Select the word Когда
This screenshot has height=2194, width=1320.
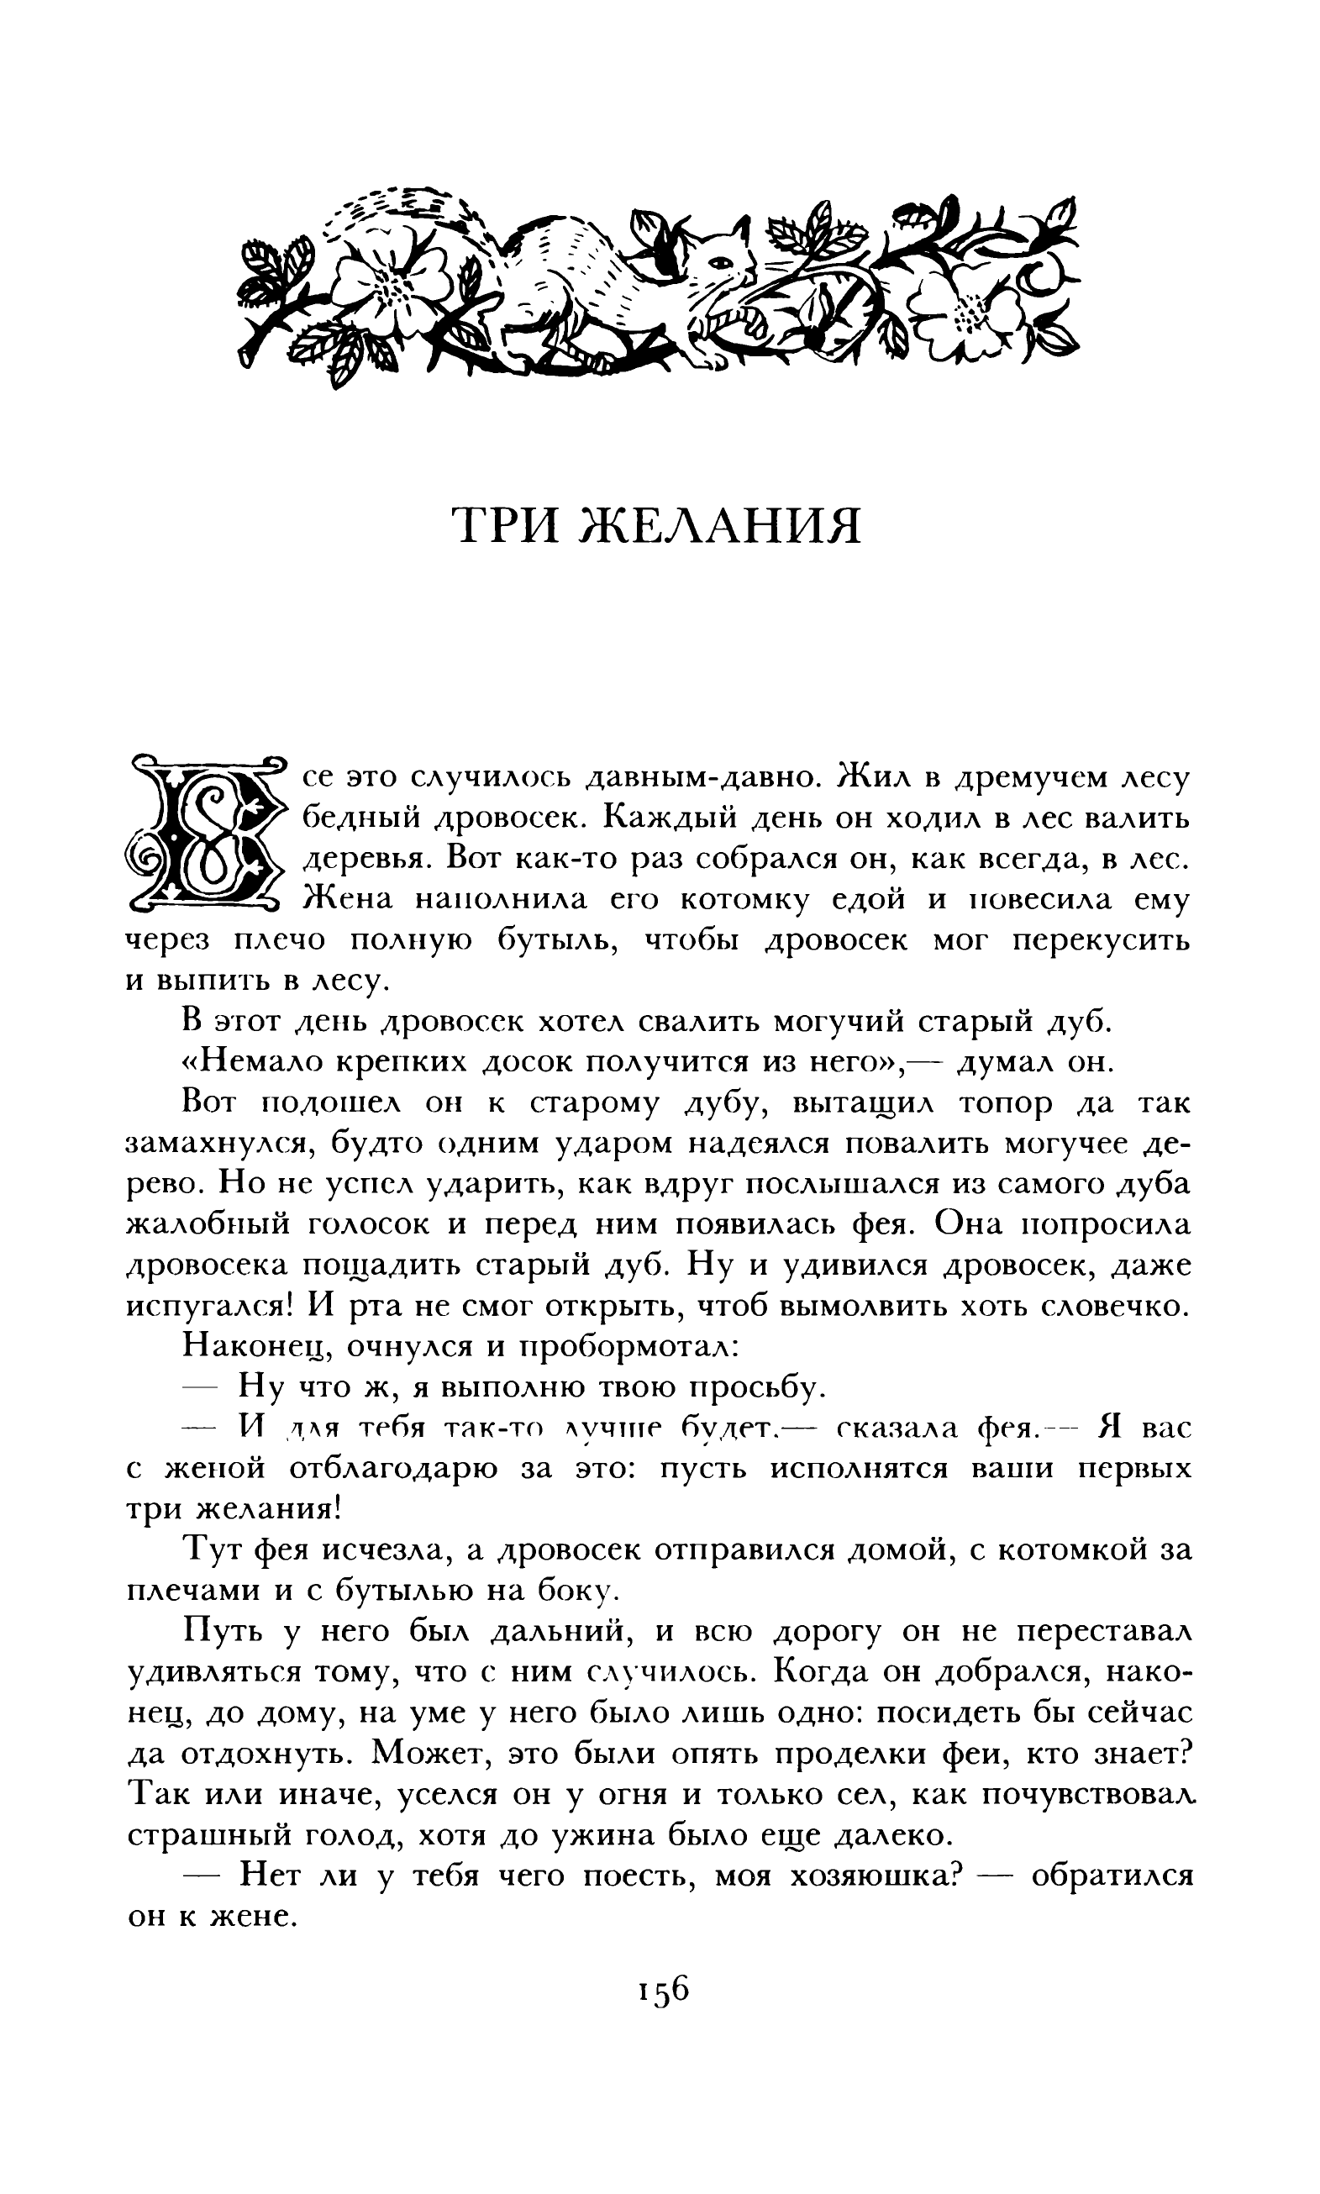[820, 1672]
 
